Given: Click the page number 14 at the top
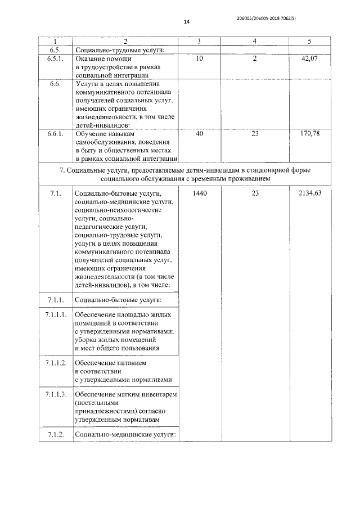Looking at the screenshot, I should pos(187,22).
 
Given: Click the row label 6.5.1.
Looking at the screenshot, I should pos(55,58).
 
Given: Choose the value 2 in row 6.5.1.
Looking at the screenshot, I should pos(255,58).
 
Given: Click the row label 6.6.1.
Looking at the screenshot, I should pos(55,134).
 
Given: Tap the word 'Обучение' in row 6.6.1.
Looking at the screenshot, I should pos(91,134).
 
